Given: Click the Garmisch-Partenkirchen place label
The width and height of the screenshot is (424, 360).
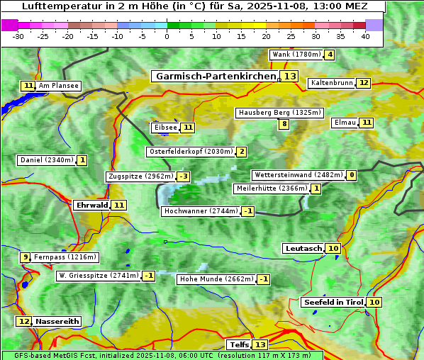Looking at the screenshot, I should pos(215,76).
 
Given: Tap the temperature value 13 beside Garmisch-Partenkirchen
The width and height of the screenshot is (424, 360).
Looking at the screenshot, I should pos(289,76).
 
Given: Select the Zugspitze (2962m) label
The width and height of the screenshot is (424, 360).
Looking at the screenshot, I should pos(140,176).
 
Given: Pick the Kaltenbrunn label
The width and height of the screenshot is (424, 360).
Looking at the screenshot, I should pos(331,83).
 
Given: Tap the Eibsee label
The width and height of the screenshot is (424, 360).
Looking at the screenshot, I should pos(165,128).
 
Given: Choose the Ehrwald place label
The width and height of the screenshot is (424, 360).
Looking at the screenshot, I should pos(91,205).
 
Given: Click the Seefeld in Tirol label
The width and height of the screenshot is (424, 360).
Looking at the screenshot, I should pos(333,302).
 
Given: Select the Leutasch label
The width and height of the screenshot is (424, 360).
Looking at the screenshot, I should pos(303,248).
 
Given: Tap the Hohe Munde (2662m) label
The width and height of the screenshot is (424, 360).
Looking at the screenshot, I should pos(216,279).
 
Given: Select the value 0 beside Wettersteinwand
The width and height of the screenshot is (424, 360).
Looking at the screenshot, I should pos(352,175).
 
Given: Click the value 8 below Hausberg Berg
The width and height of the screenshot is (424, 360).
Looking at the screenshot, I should pos(284,124).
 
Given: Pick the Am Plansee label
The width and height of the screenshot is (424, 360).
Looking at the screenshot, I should pos(59,86).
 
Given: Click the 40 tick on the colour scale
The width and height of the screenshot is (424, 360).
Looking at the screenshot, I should pos(365,36).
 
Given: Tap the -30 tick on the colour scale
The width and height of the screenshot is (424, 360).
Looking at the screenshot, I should pos(18,36).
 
